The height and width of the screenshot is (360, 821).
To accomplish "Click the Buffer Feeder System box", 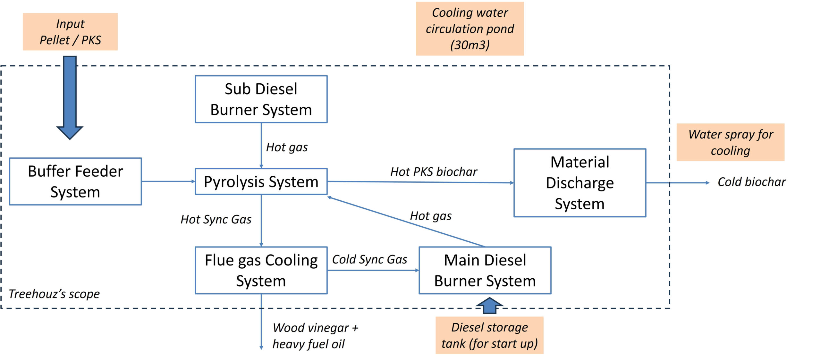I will tap(75, 181).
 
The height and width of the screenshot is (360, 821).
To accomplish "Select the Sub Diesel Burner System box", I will tap(261, 99).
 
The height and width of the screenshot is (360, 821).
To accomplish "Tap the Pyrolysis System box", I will tap(261, 181).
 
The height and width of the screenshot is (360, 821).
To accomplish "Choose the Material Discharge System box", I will tap(580, 183).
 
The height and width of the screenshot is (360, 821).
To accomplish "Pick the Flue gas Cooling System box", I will tap(261, 270).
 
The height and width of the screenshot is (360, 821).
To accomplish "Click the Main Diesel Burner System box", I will tap(485, 270).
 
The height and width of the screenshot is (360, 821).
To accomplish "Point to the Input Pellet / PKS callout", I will tap(70, 32).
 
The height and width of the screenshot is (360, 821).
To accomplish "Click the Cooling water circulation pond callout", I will tap(470, 29).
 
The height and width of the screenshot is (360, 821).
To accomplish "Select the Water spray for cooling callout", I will tap(730, 142).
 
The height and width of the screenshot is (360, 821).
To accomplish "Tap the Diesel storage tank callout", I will tap(489, 335).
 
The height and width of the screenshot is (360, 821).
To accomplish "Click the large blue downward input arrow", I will tap(70, 96).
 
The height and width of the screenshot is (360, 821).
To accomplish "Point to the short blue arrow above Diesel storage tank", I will tap(489, 306).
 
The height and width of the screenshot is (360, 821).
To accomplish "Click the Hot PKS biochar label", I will tap(434, 172).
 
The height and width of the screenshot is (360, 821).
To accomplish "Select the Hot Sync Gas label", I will tap(216, 219).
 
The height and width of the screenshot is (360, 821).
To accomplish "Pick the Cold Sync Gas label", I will tap(369, 259).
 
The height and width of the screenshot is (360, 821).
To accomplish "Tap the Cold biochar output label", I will tap(751, 182).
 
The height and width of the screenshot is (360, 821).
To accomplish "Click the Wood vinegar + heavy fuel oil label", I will tap(315, 336).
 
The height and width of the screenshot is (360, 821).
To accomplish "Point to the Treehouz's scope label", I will tap(54, 294).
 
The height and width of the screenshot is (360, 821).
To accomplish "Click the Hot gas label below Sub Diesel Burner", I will tap(287, 147).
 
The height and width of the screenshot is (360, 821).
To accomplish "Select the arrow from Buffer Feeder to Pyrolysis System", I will tap(168, 181).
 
